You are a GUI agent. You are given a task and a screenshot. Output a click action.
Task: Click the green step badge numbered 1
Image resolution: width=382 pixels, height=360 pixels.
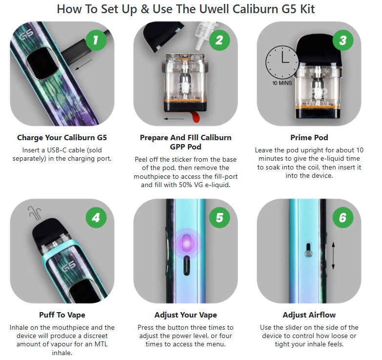tap(96, 40)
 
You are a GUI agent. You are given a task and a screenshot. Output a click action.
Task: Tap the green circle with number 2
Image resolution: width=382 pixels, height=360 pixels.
tap(219, 40)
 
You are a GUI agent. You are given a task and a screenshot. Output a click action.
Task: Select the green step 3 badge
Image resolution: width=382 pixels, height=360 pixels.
tap(343, 40)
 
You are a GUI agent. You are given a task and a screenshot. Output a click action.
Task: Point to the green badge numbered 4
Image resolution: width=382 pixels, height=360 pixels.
tap(96, 217)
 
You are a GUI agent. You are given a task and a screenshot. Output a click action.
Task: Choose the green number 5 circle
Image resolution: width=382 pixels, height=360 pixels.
tap(219, 217)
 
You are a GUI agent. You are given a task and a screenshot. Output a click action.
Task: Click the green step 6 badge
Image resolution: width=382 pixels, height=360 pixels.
tap(343, 217)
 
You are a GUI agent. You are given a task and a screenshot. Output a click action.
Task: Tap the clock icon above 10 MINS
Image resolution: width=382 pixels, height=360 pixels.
tap(282, 62)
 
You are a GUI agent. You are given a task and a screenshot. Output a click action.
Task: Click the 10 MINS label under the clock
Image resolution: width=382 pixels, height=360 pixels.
tap(282, 83)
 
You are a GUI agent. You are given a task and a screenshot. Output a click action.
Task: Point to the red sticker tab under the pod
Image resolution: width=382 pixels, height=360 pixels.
tap(195, 117)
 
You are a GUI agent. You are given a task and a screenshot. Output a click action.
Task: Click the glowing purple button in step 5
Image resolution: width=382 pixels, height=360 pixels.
tap(187, 243)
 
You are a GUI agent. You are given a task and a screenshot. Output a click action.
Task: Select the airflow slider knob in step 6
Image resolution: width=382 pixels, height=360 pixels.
tap(308, 254)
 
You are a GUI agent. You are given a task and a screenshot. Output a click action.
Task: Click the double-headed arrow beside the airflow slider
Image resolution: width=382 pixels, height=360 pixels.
tap(333, 255)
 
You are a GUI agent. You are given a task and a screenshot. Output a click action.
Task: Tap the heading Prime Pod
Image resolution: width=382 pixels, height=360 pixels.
tap(309, 138)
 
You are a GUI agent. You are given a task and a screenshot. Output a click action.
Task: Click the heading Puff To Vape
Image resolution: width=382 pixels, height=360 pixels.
tap(62, 315)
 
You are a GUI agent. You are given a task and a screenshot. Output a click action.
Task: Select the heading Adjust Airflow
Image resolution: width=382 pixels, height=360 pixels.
tap(309, 315)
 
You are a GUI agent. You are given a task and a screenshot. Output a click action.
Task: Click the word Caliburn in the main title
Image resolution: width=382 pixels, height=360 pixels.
tap(255, 9)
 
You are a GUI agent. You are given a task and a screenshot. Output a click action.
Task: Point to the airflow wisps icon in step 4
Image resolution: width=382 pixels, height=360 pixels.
tap(34, 213)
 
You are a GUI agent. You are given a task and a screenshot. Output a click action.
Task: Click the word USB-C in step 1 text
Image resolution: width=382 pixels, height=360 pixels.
tap(57, 150)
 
